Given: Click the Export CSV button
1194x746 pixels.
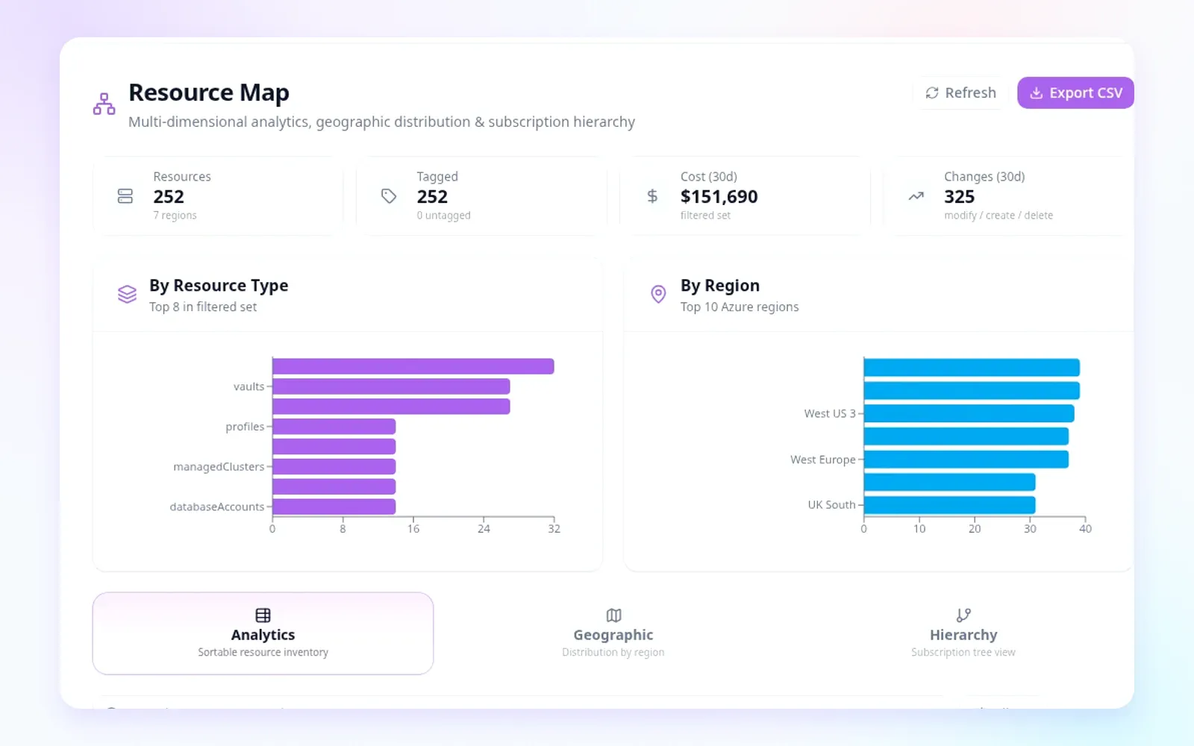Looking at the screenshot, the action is (1075, 93).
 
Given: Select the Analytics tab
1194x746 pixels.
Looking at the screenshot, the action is (263, 633).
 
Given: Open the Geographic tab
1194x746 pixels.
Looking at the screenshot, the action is (613, 633).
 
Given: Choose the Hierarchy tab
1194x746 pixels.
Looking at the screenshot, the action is (963, 633).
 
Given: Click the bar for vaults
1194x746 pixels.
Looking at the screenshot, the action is (391, 386).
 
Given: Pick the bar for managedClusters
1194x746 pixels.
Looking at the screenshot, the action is (334, 467).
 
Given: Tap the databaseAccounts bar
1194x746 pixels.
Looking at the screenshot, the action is (334, 507).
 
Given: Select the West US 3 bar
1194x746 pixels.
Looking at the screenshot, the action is (969, 413).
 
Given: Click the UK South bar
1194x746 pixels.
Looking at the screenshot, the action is (949, 505).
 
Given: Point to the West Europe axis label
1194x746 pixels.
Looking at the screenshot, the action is (822, 460).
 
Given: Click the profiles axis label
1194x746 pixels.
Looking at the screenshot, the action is (245, 426).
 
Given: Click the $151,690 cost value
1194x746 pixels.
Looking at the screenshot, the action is (719, 197).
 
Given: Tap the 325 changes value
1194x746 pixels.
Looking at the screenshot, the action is (959, 197).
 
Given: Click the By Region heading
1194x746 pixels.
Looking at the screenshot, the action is (719, 286).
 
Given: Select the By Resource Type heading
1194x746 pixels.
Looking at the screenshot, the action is (219, 286).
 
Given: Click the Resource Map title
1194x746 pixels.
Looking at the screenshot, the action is (209, 93).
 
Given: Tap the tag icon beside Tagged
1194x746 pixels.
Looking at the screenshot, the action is (389, 196).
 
